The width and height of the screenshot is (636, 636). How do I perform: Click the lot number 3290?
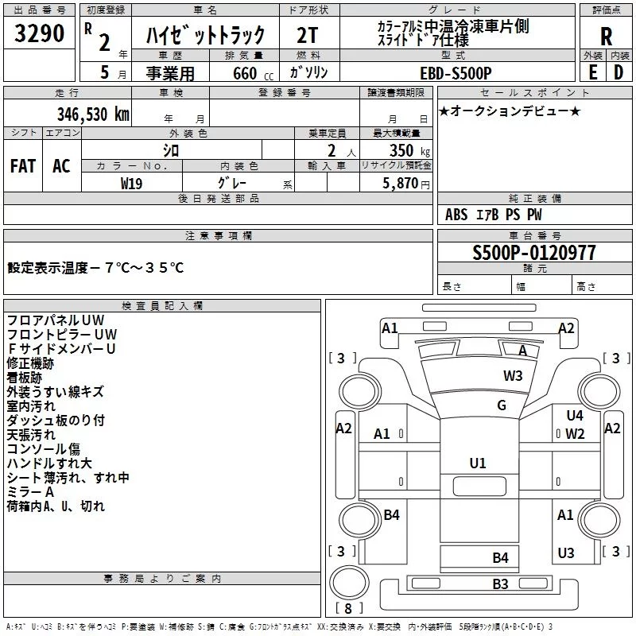coord(39,33)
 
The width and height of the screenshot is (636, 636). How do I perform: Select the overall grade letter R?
coord(606,37)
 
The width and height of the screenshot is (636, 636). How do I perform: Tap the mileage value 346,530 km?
coord(93,114)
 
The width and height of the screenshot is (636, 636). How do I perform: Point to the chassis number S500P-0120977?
coord(534,253)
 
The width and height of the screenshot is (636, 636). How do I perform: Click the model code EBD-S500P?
coord(456,73)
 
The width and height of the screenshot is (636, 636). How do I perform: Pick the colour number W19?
coord(131,184)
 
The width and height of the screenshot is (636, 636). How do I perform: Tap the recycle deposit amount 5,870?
coord(401,184)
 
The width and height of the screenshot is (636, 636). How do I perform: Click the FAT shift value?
coord(23,166)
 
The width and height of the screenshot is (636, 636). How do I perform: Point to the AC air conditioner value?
coord(61,166)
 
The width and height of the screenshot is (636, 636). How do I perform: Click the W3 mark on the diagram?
coord(513,375)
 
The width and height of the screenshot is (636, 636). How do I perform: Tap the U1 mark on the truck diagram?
coord(478,463)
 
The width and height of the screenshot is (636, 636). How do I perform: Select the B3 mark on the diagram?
coord(500,584)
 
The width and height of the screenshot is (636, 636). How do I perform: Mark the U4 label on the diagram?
coord(575,415)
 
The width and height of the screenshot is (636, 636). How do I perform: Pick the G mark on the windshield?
coord(502,405)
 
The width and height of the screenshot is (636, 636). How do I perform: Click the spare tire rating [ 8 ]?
coord(348,608)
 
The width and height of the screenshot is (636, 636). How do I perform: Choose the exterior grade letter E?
coord(592,72)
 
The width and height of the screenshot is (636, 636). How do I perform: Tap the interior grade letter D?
coord(619,72)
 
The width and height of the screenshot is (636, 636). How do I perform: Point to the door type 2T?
coord(307,35)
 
